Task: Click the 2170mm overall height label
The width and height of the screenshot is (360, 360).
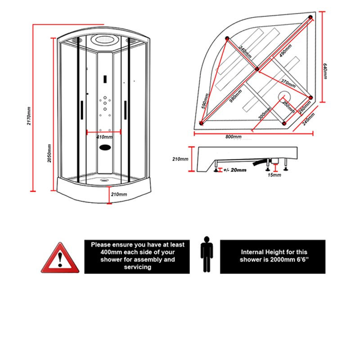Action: pyautogui.click(x=29, y=116)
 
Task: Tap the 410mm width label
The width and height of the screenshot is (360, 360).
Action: pyautogui.click(x=104, y=137)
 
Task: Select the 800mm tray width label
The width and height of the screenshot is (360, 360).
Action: pyautogui.click(x=234, y=137)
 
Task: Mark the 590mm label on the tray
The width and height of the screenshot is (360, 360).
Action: pyautogui.click(x=205, y=101)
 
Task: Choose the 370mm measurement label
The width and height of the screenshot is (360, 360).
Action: pyautogui.click(x=288, y=84)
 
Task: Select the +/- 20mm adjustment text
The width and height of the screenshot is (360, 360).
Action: pyautogui.click(x=234, y=170)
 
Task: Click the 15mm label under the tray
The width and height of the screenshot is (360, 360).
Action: pyautogui.click(x=274, y=175)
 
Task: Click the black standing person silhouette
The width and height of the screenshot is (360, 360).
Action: pyautogui.click(x=207, y=254)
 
